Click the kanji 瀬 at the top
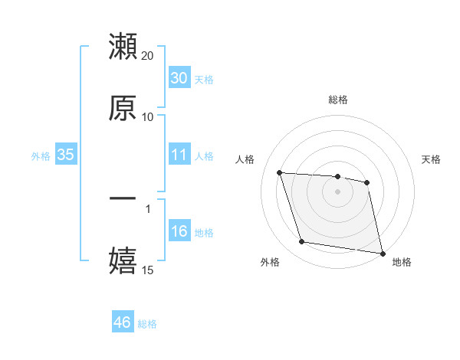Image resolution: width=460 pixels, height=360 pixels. pyautogui.click(x=123, y=47)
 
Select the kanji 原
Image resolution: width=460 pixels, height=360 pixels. pyautogui.click(x=123, y=108)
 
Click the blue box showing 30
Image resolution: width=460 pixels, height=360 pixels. pyautogui.click(x=179, y=78)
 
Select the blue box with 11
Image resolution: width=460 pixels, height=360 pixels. pyautogui.click(x=179, y=155)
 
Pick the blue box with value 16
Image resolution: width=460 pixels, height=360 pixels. pyautogui.click(x=179, y=231)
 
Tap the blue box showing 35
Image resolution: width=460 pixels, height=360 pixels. pyautogui.click(x=66, y=155)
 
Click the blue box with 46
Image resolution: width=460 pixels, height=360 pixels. pyautogui.click(x=122, y=322)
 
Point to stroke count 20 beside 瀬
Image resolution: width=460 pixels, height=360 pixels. pyautogui.click(x=148, y=56)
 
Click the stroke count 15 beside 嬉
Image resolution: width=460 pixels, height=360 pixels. pyautogui.click(x=148, y=270)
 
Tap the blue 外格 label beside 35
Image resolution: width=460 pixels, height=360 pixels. pyautogui.click(x=41, y=155)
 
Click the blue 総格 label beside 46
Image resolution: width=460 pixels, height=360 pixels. pyautogui.click(x=147, y=323)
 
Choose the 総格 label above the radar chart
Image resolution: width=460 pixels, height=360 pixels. pyautogui.click(x=337, y=100)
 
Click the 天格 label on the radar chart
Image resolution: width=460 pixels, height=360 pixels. pyautogui.click(x=432, y=159)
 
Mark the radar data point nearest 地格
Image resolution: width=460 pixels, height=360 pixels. pyautogui.click(x=382, y=253)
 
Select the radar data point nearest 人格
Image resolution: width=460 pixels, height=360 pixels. pyautogui.click(x=279, y=172)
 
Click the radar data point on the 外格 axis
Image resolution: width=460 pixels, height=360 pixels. pyautogui.click(x=301, y=242)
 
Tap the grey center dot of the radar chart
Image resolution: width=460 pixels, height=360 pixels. pyautogui.click(x=337, y=191)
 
